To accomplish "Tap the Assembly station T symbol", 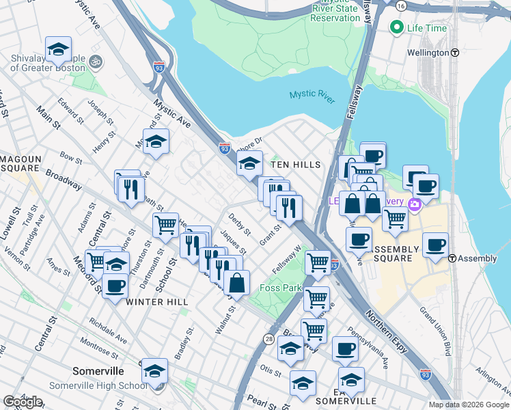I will [x=452, y=258].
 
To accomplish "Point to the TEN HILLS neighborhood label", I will [x=295, y=165].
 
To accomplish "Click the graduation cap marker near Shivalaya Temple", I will [x=59, y=51].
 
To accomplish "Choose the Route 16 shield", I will [x=400, y=5].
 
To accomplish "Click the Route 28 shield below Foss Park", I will [x=268, y=339].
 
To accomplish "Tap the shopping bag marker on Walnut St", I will [x=236, y=284].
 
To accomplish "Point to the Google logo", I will [x=23, y=401].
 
